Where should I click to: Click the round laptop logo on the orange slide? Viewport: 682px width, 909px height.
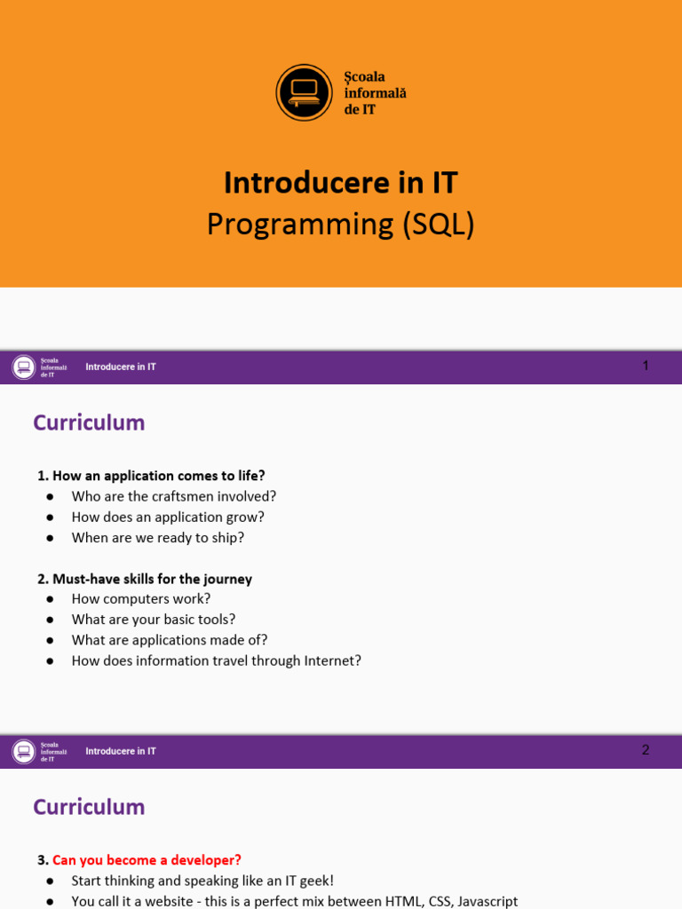[304, 92]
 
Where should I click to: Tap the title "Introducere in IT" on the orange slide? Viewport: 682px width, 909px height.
[341, 183]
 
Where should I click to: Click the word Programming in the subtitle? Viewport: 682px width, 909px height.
[300, 225]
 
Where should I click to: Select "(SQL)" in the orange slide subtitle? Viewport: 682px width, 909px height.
[439, 225]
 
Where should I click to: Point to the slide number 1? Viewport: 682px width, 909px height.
[646, 366]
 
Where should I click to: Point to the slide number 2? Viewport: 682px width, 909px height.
[646, 750]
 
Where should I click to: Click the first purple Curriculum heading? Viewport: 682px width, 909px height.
[89, 423]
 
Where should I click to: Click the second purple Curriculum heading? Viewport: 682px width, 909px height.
[89, 807]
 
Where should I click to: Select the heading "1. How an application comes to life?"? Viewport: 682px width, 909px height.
[151, 476]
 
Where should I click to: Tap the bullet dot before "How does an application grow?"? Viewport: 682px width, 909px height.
[50, 518]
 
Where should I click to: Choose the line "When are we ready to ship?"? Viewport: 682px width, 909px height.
[158, 538]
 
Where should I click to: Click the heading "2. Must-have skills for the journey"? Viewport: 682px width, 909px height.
[145, 579]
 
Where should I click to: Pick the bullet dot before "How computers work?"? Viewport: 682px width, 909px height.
[50, 599]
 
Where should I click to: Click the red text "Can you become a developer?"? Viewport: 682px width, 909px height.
[147, 860]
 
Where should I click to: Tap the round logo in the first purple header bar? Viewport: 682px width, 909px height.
[24, 368]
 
